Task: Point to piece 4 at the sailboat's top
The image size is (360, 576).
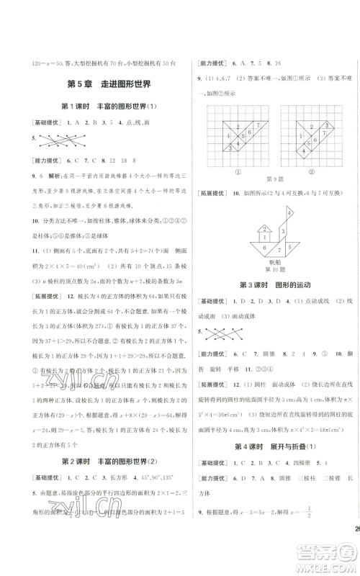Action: coord(289,214)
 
